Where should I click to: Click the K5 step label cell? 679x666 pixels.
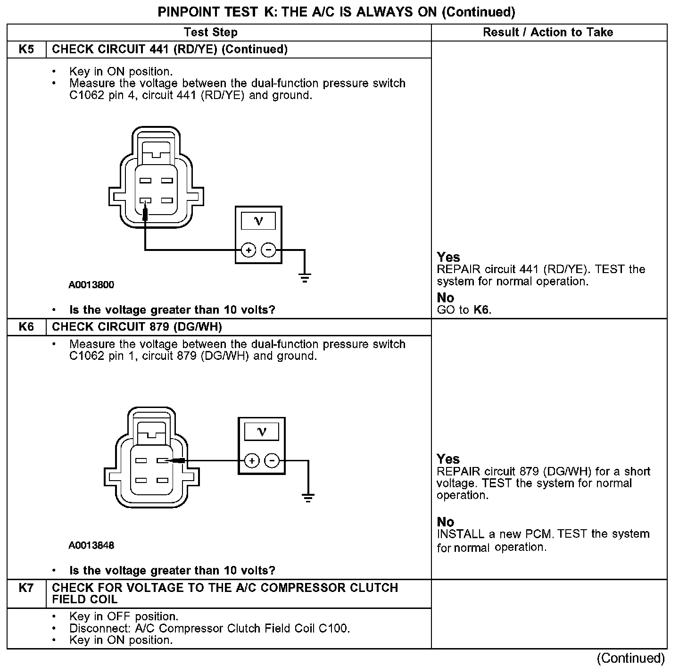[x=26, y=50]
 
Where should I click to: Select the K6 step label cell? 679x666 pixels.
[x=26, y=327]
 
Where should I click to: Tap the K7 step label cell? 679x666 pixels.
[x=26, y=588]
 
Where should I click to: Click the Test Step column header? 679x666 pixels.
[x=210, y=33]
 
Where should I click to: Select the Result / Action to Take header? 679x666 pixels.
[x=548, y=33]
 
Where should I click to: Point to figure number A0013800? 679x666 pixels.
[x=91, y=285]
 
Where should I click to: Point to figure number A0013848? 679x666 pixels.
[x=91, y=546]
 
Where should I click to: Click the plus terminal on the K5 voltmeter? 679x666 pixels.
[x=248, y=250]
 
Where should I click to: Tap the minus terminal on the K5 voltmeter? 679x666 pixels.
[x=269, y=250]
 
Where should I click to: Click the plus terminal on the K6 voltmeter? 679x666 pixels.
[x=252, y=461]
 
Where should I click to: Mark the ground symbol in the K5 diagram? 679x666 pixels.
[x=305, y=277]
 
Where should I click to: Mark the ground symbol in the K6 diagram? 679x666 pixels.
[x=308, y=497]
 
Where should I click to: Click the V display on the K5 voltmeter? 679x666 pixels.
[x=258, y=221]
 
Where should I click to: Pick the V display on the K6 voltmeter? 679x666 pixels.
[x=262, y=432]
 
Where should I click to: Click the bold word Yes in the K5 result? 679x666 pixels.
[x=448, y=257]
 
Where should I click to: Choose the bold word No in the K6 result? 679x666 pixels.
[x=445, y=522]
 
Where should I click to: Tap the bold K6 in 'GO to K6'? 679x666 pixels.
[x=481, y=310]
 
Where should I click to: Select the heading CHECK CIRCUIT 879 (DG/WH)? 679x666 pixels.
[x=137, y=327]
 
